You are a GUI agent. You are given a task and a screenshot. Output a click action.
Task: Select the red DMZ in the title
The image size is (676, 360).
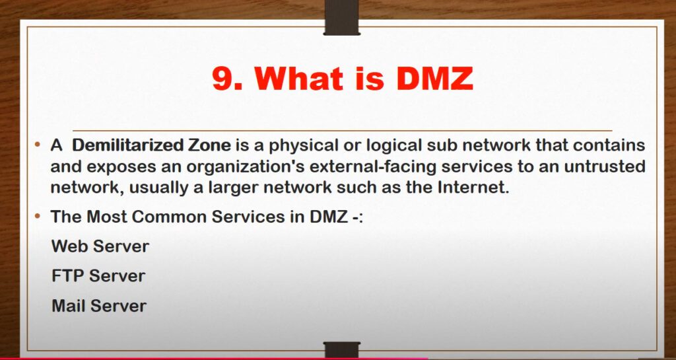[434, 78]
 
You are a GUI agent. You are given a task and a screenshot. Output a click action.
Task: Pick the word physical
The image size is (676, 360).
[304, 146]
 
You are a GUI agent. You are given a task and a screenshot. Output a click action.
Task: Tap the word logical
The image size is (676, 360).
[393, 146]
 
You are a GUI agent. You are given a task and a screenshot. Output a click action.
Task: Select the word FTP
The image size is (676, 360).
[68, 276]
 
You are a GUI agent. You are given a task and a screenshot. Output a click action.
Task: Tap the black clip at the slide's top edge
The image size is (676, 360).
[342, 18]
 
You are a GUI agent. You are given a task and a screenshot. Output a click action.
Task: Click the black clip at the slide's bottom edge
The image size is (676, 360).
[342, 349]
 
